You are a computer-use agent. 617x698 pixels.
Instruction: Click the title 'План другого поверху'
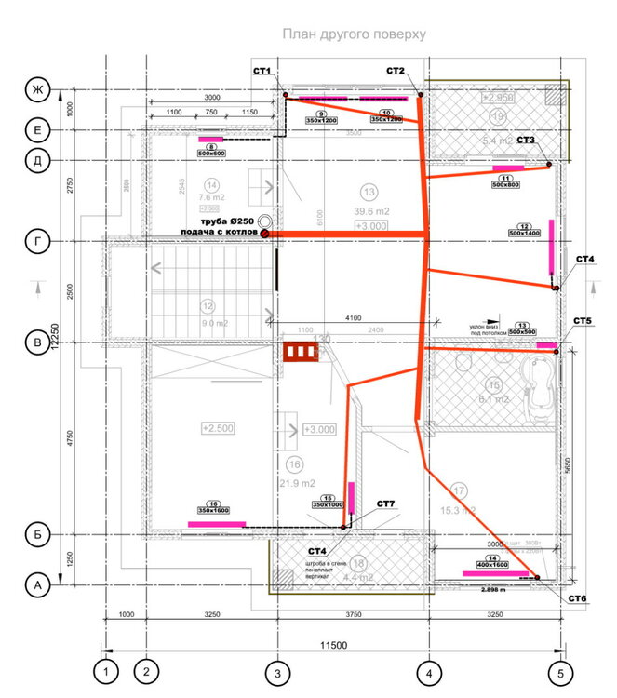point(354,34)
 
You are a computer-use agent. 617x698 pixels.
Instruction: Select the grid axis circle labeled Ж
point(38,90)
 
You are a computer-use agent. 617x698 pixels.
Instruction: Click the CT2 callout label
point(396,71)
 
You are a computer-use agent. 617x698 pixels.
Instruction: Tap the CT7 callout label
point(386,504)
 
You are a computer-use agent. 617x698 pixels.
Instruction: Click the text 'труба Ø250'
point(223,221)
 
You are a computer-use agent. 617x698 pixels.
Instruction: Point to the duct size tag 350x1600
point(213,510)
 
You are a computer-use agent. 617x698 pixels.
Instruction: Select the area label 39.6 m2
point(371,211)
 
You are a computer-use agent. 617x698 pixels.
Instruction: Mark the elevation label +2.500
point(217,427)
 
